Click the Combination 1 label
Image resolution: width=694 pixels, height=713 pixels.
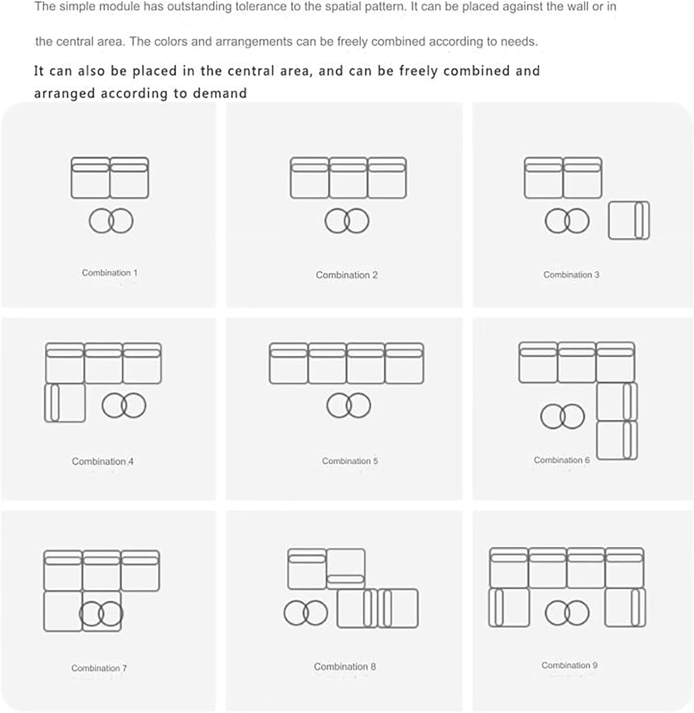pyautogui.click(x=110, y=273)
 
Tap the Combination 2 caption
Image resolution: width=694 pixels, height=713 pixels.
pyautogui.click(x=347, y=275)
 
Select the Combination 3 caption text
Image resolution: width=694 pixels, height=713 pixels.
pyautogui.click(x=571, y=275)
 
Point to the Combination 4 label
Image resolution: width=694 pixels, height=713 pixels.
pyautogui.click(x=103, y=462)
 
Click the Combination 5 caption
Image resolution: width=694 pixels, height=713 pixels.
pyautogui.click(x=350, y=461)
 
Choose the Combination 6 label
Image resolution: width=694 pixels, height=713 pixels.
pyautogui.click(x=561, y=460)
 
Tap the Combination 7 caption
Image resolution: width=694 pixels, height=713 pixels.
pyautogui.click(x=99, y=668)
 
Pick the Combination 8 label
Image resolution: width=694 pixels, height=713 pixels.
pyautogui.click(x=345, y=667)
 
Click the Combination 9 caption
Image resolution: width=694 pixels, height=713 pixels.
pyautogui.click(x=570, y=665)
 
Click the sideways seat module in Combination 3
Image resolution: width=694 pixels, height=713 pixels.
pyautogui.click(x=629, y=221)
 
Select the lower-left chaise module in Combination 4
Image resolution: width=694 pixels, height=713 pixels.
pyautogui.click(x=65, y=403)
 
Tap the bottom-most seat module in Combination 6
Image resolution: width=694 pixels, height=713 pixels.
pyautogui.click(x=617, y=440)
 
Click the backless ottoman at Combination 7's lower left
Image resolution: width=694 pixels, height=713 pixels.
pyautogui.click(x=63, y=611)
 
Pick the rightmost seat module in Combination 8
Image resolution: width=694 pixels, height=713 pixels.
pyautogui.click(x=398, y=608)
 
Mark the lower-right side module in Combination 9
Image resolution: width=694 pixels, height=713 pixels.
pyautogui.click(x=625, y=607)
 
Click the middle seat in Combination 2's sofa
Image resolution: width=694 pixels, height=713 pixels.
pyautogui.click(x=348, y=178)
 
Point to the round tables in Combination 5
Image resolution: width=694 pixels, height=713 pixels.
pyautogui.click(x=349, y=405)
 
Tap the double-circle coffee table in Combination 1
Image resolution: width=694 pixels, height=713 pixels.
pyautogui.click(x=111, y=221)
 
